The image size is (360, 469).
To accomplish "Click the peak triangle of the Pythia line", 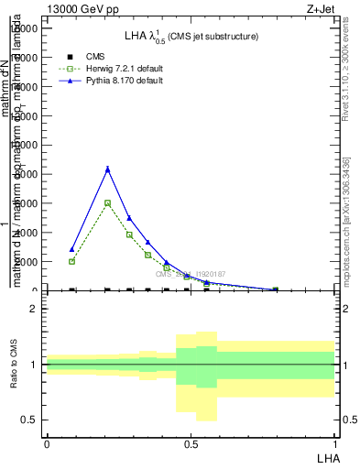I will click(107, 169).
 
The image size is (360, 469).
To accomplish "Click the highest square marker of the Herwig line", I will click(107, 202).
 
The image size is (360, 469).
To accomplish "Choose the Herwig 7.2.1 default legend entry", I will click(124, 69).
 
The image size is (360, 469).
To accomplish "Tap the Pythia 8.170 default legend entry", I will click(124, 81).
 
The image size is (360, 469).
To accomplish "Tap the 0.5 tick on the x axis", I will click(191, 444).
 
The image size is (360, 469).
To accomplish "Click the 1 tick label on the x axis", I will click(335, 444).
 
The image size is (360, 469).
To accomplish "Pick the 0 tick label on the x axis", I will click(47, 444).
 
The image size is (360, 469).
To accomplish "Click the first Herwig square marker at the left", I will click(71, 261).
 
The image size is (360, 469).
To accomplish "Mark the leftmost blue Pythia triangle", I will click(71, 249).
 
